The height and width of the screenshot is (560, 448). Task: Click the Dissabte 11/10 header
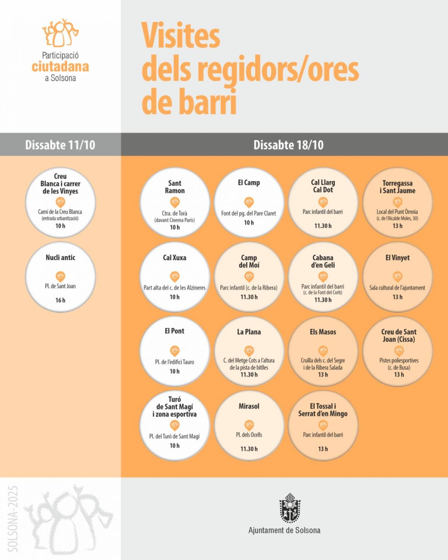[60, 145]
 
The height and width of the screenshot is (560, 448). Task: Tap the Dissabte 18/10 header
[288, 145]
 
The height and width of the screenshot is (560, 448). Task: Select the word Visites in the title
[181, 35]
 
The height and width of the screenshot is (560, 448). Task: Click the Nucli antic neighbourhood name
[60, 257]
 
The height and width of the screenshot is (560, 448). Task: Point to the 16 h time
[60, 300]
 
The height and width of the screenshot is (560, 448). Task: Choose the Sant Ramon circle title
[175, 187]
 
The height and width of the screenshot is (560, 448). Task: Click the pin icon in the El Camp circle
[249, 202]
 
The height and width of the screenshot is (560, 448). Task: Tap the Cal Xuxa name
[174, 257]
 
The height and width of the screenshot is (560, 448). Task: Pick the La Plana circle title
[249, 332]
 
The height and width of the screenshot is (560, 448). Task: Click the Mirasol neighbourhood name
[249, 406]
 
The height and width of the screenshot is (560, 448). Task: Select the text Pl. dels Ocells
[249, 435]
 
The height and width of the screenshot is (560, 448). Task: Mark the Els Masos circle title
[323, 332]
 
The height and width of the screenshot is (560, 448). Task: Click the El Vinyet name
[398, 257]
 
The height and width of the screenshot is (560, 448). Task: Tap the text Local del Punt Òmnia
[397, 212]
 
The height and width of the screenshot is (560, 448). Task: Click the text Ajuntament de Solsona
[284, 530]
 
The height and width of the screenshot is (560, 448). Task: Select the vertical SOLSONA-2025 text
[13, 519]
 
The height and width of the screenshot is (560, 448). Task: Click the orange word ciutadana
[60, 67]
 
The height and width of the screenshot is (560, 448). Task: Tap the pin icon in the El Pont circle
[175, 351]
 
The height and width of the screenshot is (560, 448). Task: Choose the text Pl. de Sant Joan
[60, 286]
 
